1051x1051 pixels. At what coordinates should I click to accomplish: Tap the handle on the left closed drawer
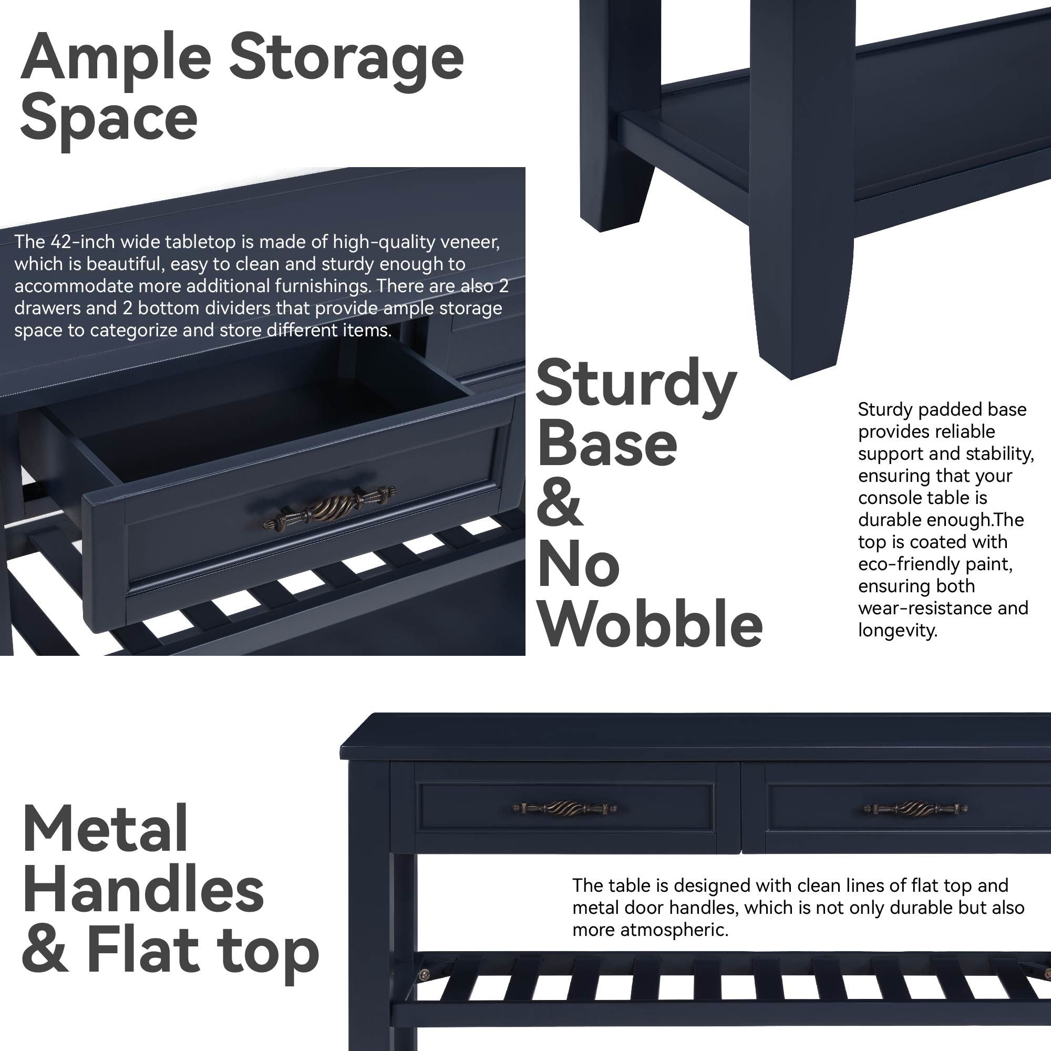(x=565, y=808)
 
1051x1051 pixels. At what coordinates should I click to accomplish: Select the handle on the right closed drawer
(x=915, y=808)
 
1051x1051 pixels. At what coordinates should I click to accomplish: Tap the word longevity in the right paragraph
(x=898, y=631)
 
